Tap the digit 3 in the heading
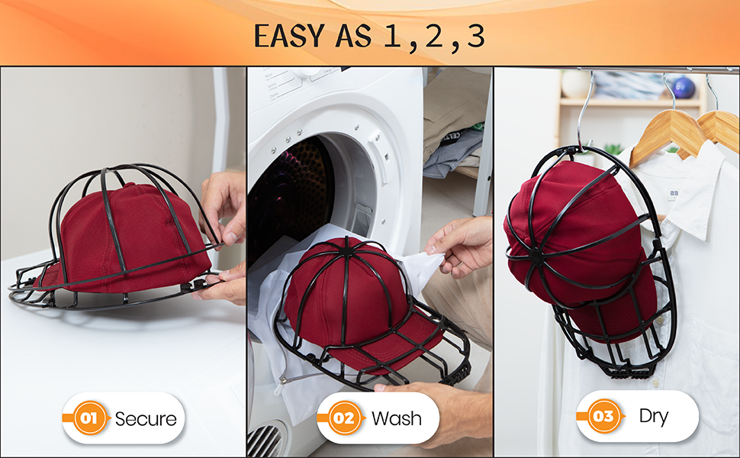coord(476,36)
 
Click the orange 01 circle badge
coord(89,418)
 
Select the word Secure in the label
coord(145,418)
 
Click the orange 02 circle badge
coord(344,418)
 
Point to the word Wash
coord(397,418)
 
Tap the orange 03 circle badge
coord(603,416)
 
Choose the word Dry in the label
coord(654,416)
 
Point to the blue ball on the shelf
coord(684,87)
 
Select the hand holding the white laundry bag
coord(462,244)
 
